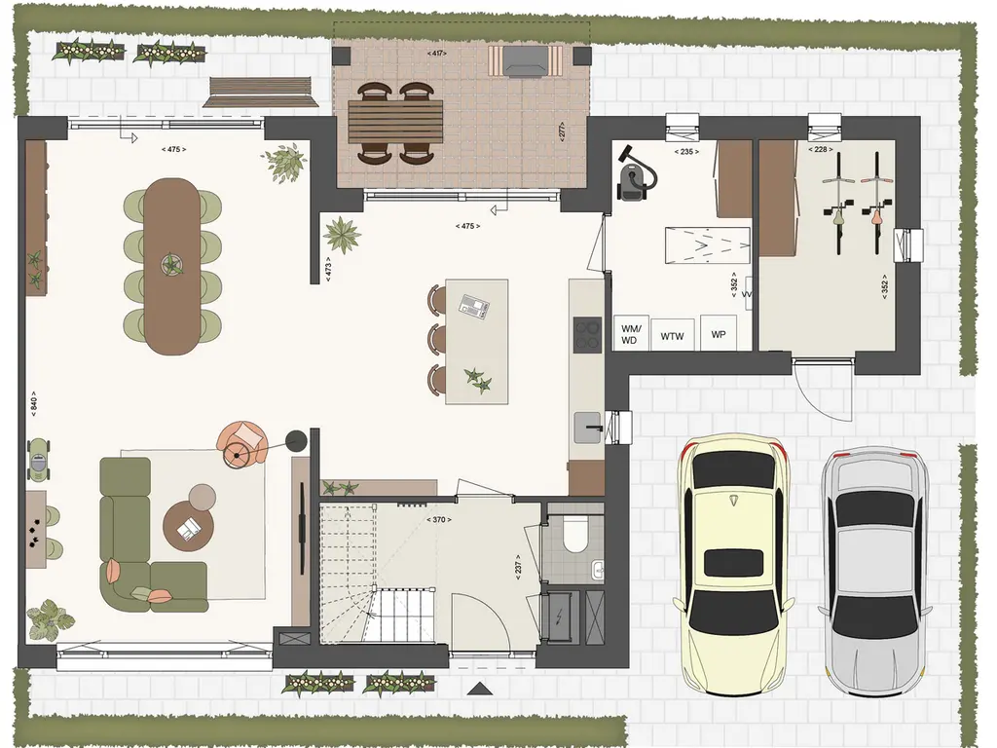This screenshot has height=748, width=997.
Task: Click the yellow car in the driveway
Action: (x=734, y=565)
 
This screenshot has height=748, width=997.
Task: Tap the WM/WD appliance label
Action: (x=630, y=335)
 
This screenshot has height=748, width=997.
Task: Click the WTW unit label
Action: (x=672, y=336)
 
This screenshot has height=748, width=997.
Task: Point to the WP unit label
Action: (x=719, y=335)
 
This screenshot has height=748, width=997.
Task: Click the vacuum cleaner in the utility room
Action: (x=635, y=170)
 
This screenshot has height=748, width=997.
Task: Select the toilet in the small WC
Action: (x=576, y=535)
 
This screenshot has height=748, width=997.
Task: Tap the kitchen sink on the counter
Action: (x=587, y=428)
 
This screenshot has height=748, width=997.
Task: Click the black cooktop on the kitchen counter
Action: (x=587, y=335)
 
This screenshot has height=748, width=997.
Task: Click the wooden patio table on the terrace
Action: (x=395, y=122)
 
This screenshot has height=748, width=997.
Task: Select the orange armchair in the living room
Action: (x=242, y=443)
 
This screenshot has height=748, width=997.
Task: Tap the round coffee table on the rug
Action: (x=188, y=525)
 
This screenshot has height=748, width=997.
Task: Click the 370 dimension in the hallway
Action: (x=439, y=520)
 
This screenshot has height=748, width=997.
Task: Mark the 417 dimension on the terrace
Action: (x=437, y=54)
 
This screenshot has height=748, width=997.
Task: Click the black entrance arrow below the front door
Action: (x=480, y=689)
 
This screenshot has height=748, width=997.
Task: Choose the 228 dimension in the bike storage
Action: (x=820, y=149)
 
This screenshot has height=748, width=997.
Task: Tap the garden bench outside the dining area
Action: (x=261, y=93)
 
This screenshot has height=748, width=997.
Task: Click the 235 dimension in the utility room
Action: (x=686, y=152)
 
